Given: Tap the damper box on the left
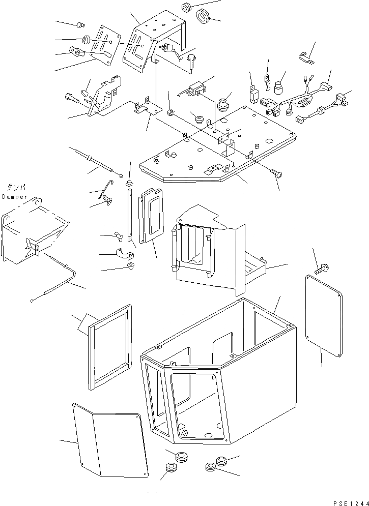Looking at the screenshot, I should coord(33,231).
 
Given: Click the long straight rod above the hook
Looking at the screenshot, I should coord(97,161).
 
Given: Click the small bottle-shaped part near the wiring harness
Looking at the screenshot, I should coord(279,88).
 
